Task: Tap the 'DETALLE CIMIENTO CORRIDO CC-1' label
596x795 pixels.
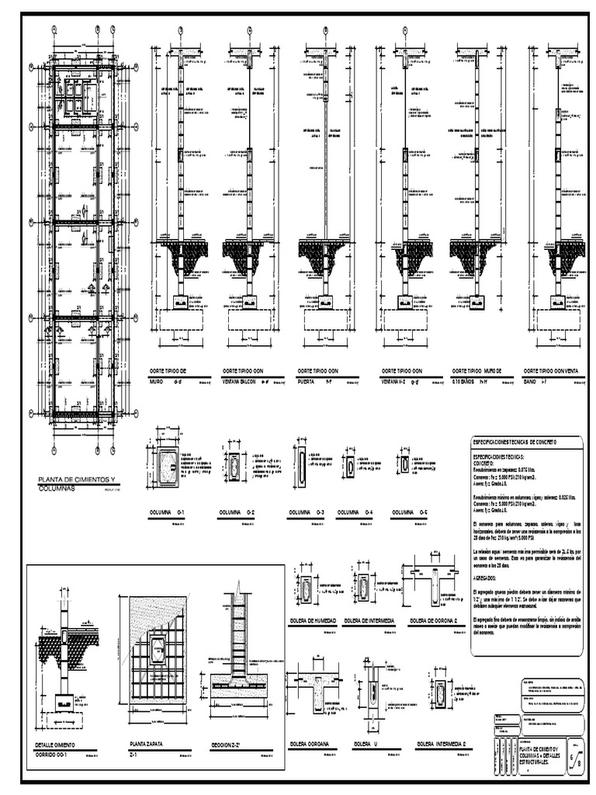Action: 59,748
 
